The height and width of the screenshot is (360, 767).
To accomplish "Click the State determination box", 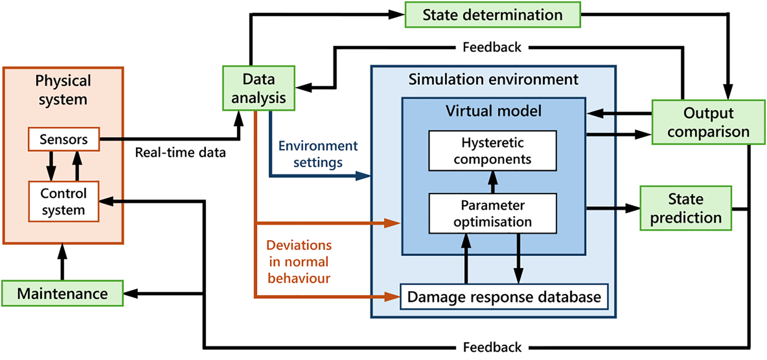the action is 493,15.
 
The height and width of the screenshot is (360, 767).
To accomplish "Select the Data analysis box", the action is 259,88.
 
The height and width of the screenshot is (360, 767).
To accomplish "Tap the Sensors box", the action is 64,139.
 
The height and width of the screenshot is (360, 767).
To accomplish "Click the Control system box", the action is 64,201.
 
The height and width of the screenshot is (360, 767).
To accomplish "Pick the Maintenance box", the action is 62,293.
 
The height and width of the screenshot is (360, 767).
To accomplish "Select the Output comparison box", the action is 708,122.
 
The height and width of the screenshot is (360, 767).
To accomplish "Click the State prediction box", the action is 686,208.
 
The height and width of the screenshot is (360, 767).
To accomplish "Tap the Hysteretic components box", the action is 492,151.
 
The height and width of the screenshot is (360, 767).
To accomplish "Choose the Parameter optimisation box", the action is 492,213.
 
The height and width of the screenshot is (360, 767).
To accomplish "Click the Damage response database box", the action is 504,297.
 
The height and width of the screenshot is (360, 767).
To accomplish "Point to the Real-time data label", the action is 180,153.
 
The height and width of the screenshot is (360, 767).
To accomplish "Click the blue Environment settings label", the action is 318,154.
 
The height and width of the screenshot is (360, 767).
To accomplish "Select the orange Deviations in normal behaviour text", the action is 299,262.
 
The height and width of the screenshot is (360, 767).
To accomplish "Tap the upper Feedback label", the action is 492,47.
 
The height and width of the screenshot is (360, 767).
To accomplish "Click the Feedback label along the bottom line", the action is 492,347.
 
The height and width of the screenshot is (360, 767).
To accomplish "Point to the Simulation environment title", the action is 493,79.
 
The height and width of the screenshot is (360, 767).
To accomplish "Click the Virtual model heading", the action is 493,111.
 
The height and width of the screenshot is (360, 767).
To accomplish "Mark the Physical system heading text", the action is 63,90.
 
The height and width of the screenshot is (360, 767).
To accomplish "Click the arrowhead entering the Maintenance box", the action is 131,293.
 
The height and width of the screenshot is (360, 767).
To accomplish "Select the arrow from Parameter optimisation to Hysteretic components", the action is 492,182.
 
